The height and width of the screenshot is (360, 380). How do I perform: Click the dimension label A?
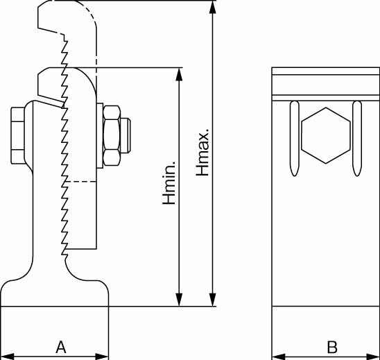point(61,347)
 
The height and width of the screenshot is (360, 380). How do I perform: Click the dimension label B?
point(332,347)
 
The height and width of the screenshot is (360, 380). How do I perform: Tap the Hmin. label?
point(169,182)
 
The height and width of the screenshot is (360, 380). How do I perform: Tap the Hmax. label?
point(202,152)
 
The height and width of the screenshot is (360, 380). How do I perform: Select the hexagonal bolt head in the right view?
point(326,135)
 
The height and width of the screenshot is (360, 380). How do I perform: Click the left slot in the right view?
point(295,138)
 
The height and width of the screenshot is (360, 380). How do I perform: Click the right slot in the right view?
point(357,138)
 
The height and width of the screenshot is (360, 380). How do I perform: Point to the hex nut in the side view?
point(112,136)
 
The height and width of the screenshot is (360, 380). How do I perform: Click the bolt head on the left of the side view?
point(18,135)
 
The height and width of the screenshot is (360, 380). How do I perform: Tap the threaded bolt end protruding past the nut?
point(126,135)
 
